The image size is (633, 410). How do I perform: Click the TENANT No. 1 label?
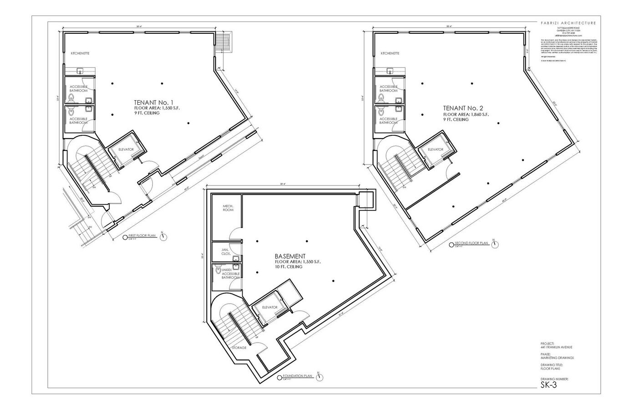point(154,102)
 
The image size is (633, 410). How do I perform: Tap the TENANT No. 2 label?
point(463,108)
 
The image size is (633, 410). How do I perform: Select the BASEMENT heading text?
point(290,256)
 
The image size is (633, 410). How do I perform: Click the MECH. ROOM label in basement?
point(228,208)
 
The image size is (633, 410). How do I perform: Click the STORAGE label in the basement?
point(239,348)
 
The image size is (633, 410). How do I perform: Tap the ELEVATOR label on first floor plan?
point(126,149)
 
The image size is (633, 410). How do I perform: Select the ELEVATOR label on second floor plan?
point(436,149)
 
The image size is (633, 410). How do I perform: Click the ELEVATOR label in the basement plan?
point(270,307)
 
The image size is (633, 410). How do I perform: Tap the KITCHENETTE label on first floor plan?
point(80,53)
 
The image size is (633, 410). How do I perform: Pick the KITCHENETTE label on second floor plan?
point(390,53)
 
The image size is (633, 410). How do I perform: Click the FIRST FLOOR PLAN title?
point(142,236)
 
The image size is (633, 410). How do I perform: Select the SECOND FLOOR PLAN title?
point(472,243)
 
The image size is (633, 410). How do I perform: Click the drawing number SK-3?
point(548,385)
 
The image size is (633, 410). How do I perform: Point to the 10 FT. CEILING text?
point(289,267)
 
